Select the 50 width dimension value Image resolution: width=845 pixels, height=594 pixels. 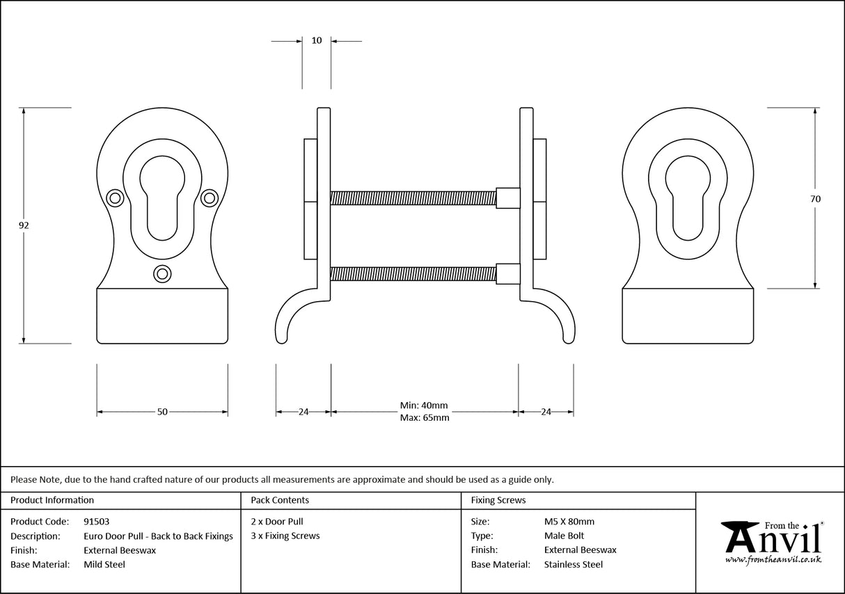click(162, 412)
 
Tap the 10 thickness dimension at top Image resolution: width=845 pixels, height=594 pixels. click(317, 40)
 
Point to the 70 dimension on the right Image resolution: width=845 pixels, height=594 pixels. click(815, 198)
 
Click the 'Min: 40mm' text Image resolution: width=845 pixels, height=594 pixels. click(424, 406)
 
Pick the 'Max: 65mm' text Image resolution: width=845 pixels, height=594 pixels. click(424, 418)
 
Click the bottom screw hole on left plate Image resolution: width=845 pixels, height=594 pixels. click(162, 274)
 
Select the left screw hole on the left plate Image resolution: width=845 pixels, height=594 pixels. click(115, 199)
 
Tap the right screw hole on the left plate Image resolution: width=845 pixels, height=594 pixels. click(209, 199)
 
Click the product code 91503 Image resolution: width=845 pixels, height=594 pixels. click(96, 521)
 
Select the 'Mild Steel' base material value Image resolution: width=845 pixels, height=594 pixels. click(104, 564)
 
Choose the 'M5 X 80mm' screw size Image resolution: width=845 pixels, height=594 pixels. click(569, 521)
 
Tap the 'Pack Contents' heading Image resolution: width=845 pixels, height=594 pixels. click(280, 499)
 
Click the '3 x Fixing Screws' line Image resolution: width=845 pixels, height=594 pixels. click(285, 536)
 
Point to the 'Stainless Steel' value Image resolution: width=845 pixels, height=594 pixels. click(574, 564)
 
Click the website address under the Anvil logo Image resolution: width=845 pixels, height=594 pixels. click(773, 559)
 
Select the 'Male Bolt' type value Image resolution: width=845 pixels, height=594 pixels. click(564, 536)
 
